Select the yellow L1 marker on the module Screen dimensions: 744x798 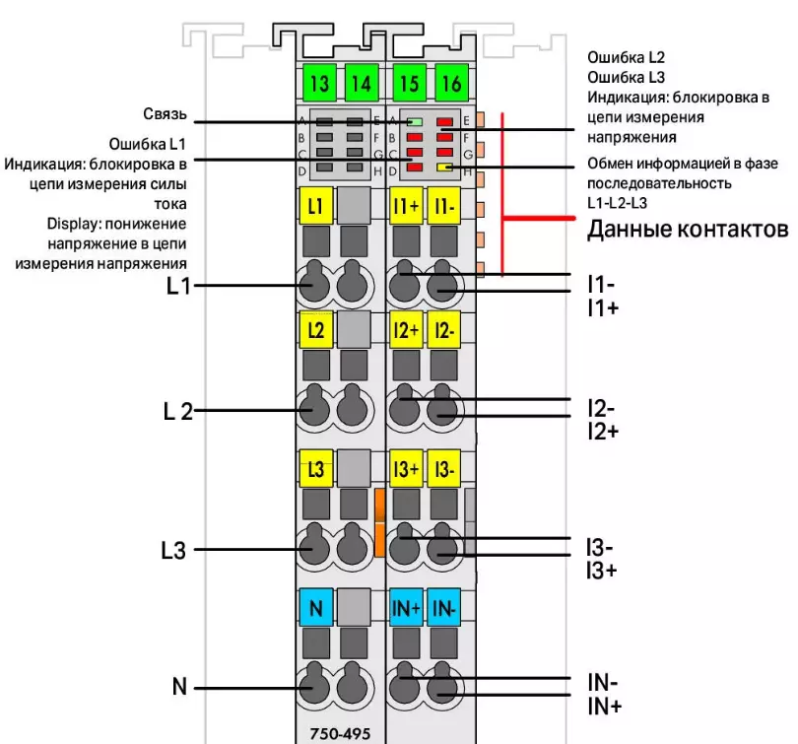[314, 207]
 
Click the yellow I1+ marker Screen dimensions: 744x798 [406, 207]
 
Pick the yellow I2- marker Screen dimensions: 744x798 [443, 330]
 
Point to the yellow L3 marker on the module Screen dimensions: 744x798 [314, 469]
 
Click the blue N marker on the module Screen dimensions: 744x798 [315, 607]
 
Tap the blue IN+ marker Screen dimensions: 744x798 [406, 607]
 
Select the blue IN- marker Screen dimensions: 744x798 [443, 607]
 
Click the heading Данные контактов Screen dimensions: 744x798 [688, 231]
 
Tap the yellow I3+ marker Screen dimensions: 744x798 [406, 469]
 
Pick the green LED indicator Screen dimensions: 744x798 [416, 121]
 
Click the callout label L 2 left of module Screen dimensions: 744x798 [178, 411]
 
